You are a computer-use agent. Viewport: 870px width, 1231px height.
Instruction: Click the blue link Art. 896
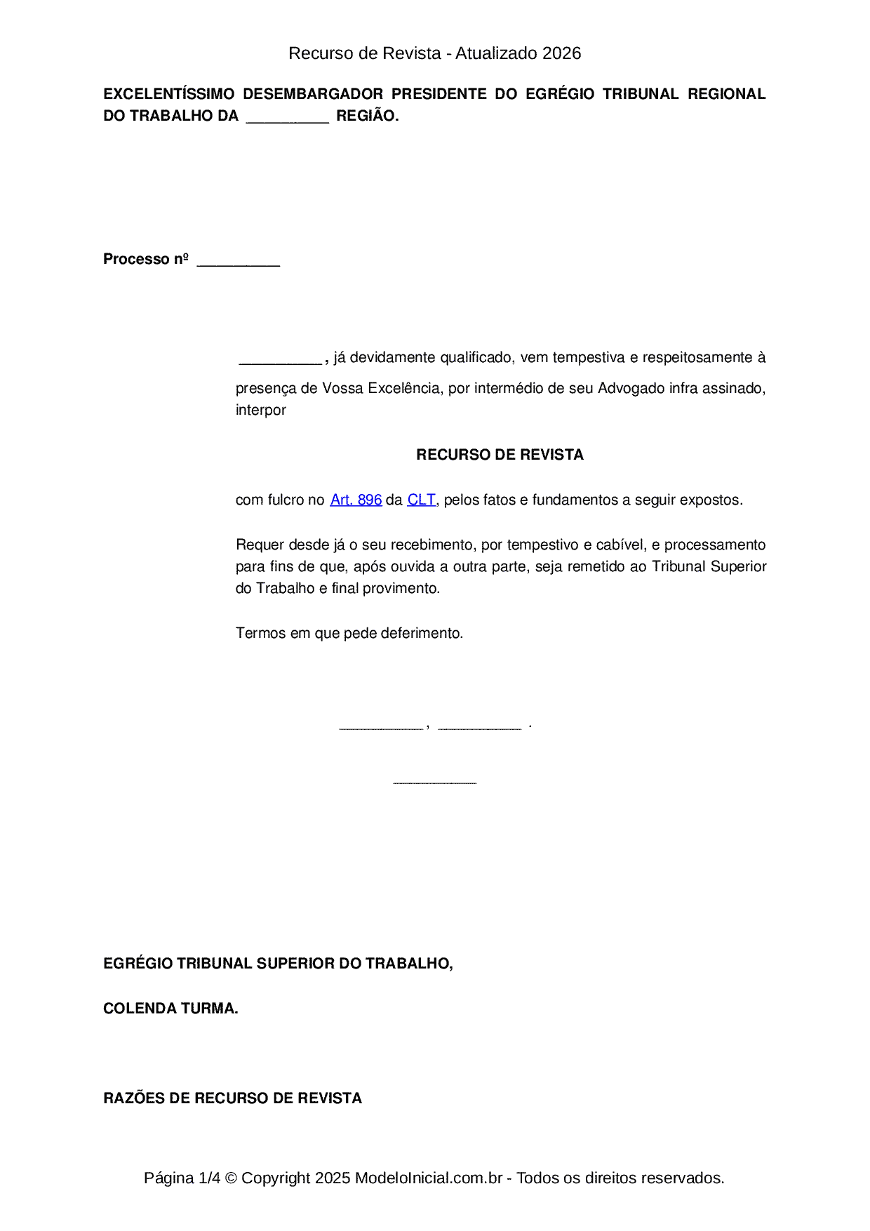(x=356, y=500)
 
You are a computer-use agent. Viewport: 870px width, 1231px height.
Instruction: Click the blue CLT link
(x=421, y=500)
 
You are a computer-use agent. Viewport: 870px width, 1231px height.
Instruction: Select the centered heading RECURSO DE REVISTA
(x=500, y=455)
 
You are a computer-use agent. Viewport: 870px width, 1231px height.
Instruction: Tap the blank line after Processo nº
(x=239, y=261)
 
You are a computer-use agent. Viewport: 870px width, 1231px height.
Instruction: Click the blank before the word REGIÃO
(x=287, y=118)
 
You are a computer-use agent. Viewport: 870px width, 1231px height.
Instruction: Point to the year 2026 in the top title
(x=561, y=53)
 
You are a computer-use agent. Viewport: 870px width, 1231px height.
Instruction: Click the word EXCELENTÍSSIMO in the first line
(x=168, y=94)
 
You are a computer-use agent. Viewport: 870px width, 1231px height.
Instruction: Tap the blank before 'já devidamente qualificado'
(x=280, y=359)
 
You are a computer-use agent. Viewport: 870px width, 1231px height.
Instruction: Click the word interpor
(x=260, y=410)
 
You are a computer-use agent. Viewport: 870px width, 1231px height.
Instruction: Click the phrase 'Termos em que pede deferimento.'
(x=349, y=633)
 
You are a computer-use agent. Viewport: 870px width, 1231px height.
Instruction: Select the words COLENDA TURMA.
(x=170, y=1009)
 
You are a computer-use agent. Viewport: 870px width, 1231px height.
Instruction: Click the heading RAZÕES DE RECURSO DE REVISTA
(x=232, y=1098)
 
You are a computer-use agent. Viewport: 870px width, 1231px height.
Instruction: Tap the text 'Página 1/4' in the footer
(x=182, y=1178)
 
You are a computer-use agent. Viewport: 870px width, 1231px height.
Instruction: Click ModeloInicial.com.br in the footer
(x=428, y=1178)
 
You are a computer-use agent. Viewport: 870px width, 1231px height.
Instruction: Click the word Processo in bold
(x=136, y=259)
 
